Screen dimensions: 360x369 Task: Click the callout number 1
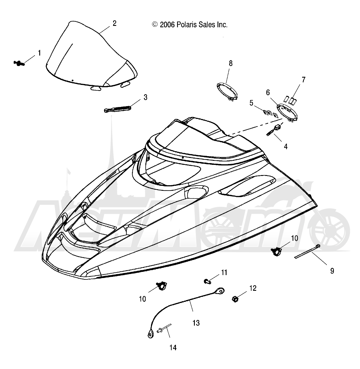[40, 53]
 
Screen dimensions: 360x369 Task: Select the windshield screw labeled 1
[19, 63]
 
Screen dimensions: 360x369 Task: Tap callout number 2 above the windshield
[114, 23]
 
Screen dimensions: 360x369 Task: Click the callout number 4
[286, 146]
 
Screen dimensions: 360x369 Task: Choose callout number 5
[251, 103]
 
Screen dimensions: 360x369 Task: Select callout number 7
[304, 80]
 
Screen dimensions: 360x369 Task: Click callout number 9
[332, 271]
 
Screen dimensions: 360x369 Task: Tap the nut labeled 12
[235, 299]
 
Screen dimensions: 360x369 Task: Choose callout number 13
[196, 323]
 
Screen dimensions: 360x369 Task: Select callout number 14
[173, 347]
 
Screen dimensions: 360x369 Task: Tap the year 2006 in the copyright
[167, 25]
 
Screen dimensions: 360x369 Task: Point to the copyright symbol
[155, 25]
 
